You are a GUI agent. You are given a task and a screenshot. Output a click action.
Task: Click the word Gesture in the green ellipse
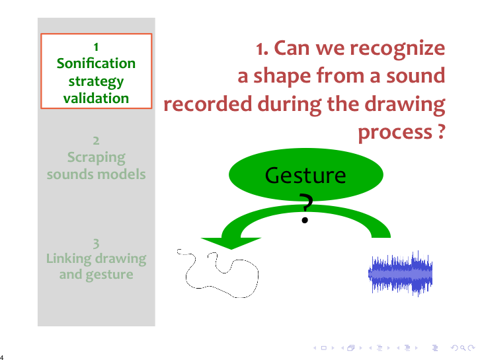[x=305, y=176]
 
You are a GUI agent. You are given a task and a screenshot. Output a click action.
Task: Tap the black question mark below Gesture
[x=305, y=208]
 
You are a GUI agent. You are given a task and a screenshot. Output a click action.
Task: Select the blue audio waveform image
[x=400, y=273]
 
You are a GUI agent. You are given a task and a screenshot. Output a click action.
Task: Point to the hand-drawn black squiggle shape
[x=218, y=273]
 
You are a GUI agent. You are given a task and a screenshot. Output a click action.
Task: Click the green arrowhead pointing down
[x=231, y=243]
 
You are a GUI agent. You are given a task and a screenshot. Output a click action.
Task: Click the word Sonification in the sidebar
[x=96, y=63]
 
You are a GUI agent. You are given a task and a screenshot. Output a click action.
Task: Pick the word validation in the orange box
[x=96, y=98]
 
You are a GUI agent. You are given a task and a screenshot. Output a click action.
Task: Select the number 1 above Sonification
[x=96, y=47]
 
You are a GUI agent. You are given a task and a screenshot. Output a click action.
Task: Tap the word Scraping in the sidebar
[x=96, y=158]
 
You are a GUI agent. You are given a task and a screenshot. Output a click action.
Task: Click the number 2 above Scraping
[x=96, y=141]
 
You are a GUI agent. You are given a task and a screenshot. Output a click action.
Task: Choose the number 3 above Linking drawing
[x=96, y=244]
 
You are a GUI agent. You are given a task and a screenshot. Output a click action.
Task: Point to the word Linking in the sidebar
[x=69, y=258]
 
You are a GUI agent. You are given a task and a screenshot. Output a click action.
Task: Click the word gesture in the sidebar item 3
[x=110, y=275]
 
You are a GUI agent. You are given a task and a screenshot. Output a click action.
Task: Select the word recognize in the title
[x=397, y=49]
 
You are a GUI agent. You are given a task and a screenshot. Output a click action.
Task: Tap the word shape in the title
[x=282, y=77]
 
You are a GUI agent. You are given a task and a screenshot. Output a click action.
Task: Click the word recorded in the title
[x=208, y=104]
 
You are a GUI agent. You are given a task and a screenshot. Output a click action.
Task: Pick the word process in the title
[x=395, y=133]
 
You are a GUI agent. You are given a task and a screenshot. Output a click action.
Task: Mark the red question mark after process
[x=441, y=131]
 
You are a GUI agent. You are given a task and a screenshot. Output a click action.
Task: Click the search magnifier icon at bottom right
[x=463, y=348]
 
